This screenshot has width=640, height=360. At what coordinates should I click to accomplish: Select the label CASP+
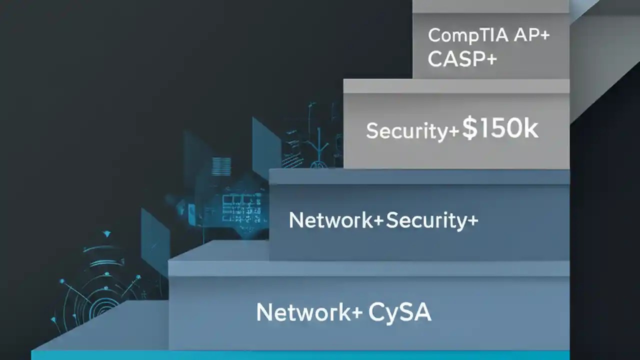click(462, 59)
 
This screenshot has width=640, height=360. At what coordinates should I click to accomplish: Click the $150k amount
click(500, 129)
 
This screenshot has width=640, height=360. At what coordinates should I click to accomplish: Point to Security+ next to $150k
click(412, 131)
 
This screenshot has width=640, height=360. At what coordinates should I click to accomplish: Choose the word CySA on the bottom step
click(399, 313)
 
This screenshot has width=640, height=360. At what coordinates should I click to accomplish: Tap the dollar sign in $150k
click(469, 129)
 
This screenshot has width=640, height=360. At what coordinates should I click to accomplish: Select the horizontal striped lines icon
click(221, 166)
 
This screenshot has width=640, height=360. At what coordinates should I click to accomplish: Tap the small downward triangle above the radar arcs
click(106, 233)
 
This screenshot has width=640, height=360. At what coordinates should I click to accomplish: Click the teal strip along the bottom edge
click(300, 355)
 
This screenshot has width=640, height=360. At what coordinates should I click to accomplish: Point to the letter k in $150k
click(530, 129)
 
